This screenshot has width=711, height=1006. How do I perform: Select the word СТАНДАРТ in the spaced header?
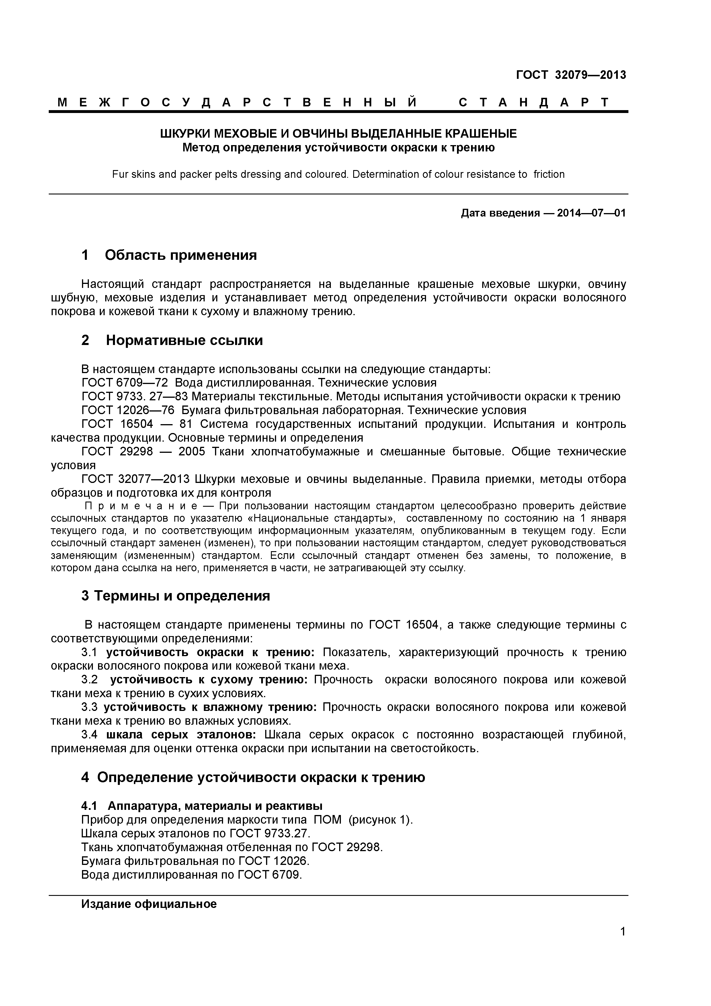pyautogui.click(x=533, y=103)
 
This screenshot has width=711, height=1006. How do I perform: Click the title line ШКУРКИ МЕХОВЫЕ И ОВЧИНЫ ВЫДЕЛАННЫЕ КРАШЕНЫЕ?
pyautogui.click(x=338, y=134)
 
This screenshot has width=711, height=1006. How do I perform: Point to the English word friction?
pyautogui.click(x=549, y=174)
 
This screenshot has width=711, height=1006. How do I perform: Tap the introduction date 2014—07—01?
pyautogui.click(x=591, y=213)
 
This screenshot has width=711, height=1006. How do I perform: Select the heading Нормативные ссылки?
pyautogui.click(x=184, y=340)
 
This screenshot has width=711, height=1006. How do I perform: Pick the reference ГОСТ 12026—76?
pyautogui.click(x=128, y=411)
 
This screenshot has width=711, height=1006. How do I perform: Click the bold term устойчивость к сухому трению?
pyautogui.click(x=208, y=680)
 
